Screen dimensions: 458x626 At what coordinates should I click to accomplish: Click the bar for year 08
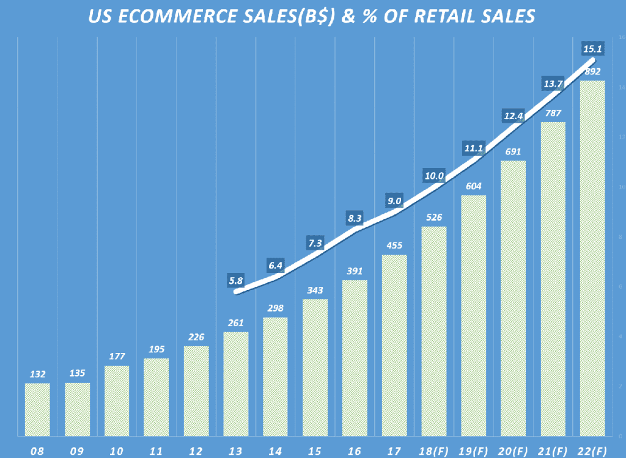37,409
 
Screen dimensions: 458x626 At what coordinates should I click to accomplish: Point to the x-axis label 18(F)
433,451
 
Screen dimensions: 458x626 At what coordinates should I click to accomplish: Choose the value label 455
394,245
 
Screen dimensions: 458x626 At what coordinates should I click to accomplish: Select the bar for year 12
196,391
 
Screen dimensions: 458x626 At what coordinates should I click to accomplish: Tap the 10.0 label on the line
433,176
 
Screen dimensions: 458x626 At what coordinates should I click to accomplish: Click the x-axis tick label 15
315,451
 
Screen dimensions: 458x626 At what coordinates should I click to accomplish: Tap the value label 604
473,186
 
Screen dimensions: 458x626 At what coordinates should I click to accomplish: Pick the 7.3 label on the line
315,242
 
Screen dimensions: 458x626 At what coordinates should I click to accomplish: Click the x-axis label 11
156,451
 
